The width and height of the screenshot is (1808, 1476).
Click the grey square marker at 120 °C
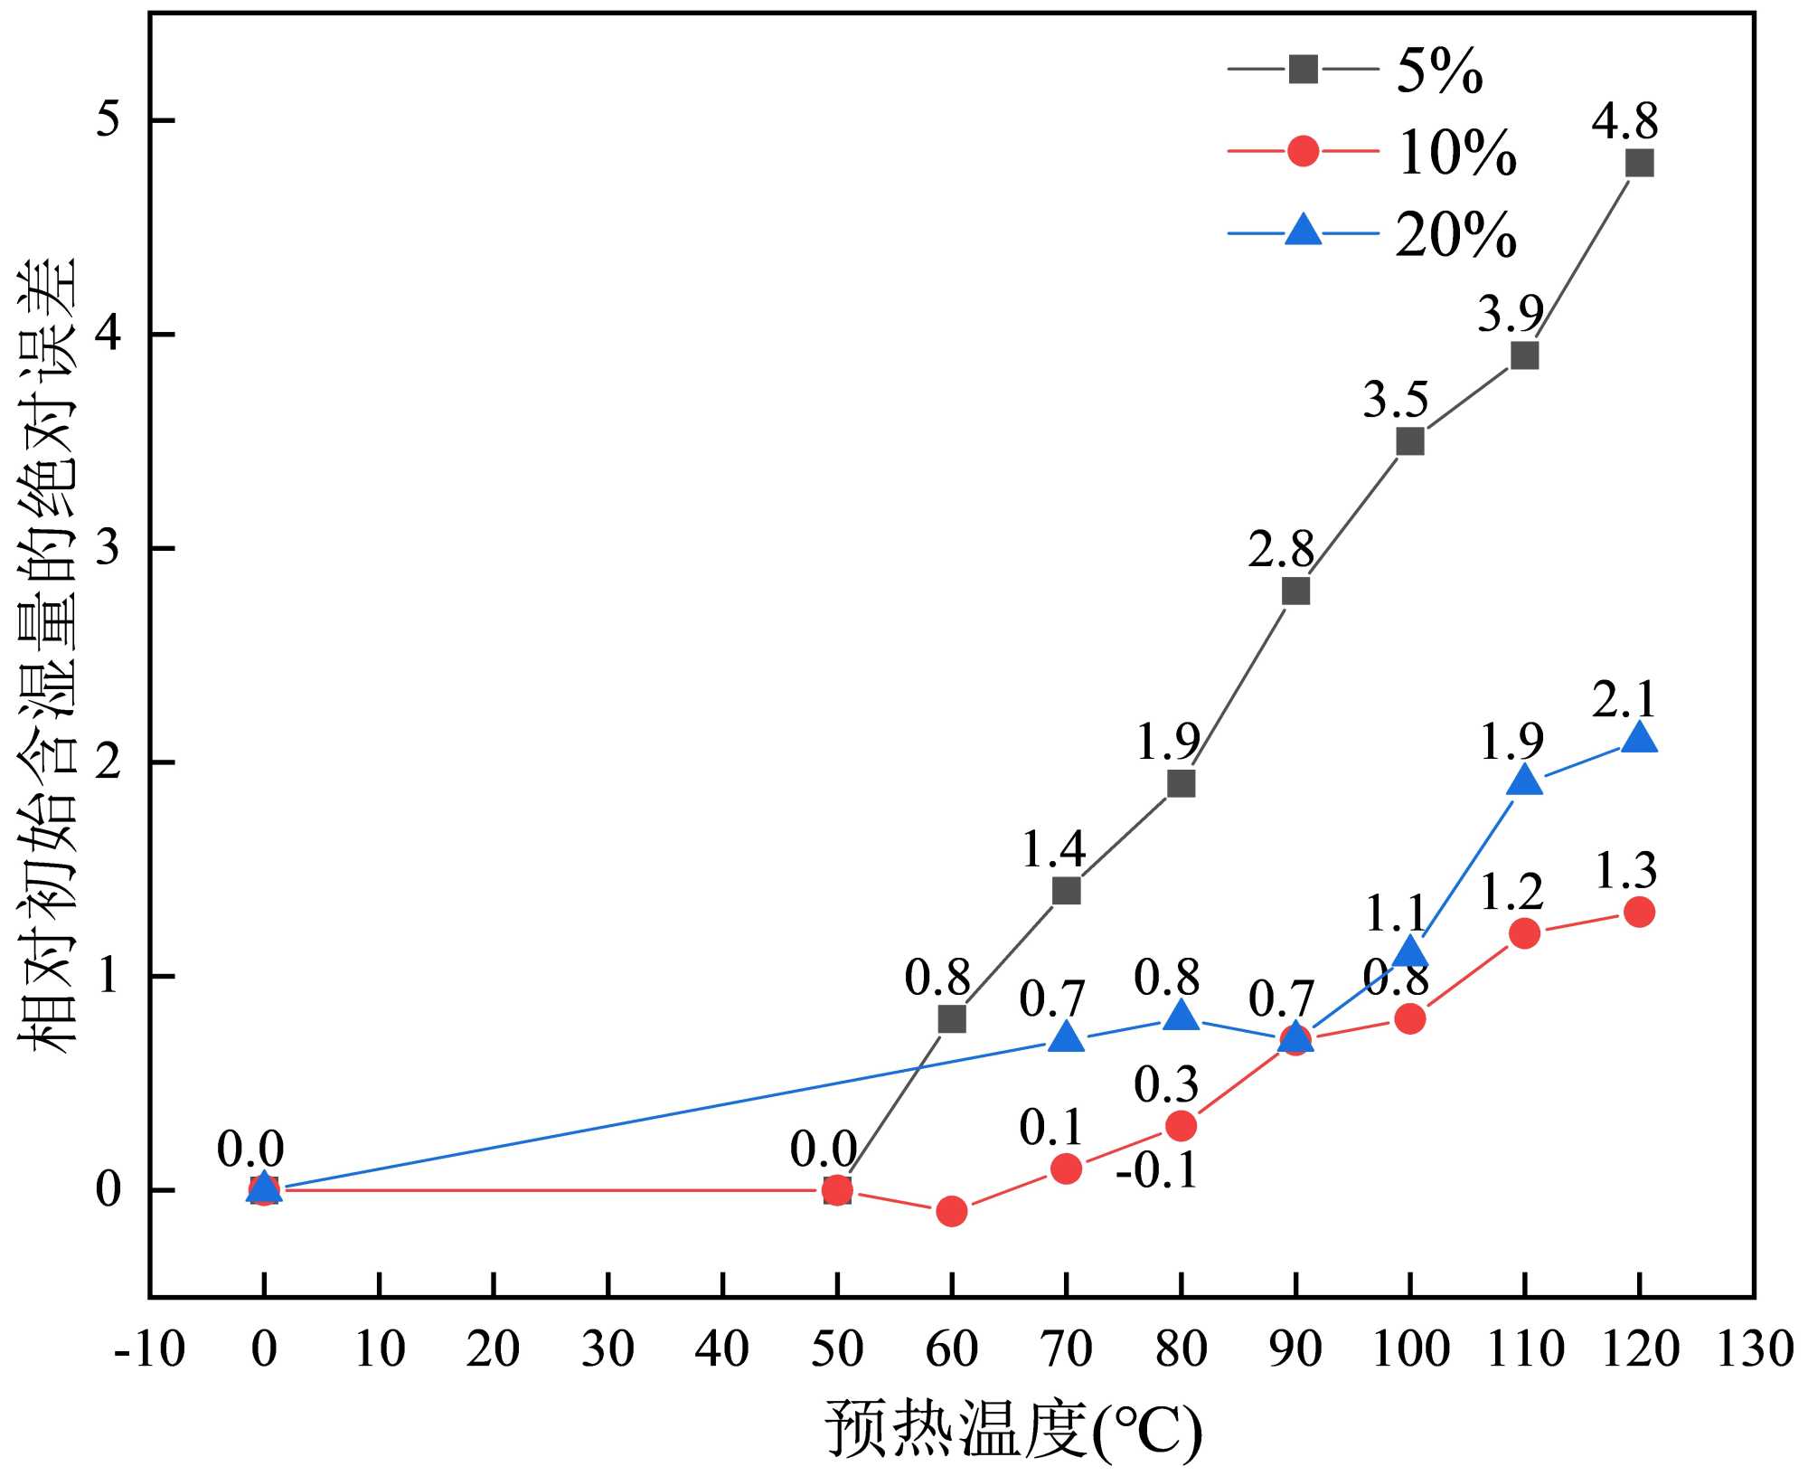click(1639, 163)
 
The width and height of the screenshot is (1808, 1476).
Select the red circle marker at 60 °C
click(951, 1211)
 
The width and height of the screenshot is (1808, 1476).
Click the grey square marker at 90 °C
click(1295, 591)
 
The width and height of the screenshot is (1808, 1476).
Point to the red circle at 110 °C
click(1524, 932)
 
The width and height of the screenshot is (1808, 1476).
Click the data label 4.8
click(1624, 120)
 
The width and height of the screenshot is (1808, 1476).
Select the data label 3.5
click(1395, 399)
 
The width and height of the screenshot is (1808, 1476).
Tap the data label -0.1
click(1156, 1169)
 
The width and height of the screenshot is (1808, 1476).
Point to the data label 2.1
click(1624, 699)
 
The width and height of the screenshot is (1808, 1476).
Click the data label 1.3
click(1624, 870)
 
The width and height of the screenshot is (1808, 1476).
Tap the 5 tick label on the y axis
click(108, 120)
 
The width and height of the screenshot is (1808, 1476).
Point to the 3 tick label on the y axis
click(108, 548)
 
